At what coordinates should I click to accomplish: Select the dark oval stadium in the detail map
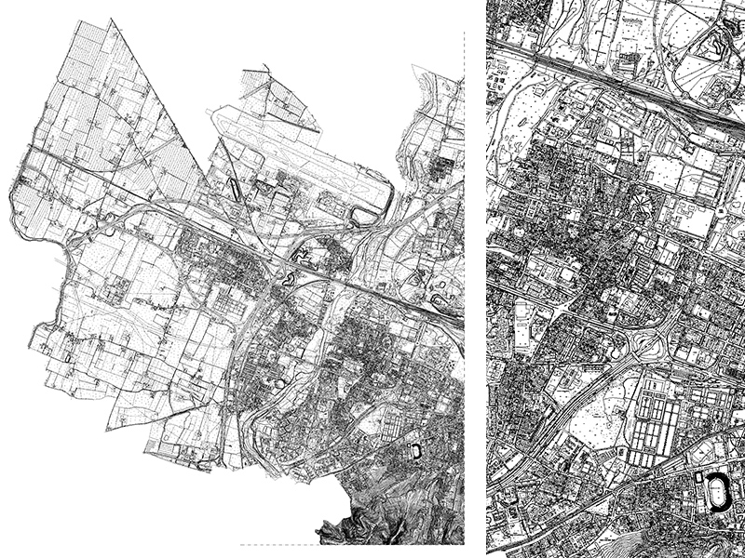717,493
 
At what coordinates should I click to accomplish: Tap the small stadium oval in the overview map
415,452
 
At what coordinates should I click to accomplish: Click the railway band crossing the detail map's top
605,79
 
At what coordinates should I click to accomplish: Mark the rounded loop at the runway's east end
363,216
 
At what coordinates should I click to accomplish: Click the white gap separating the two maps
475,279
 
